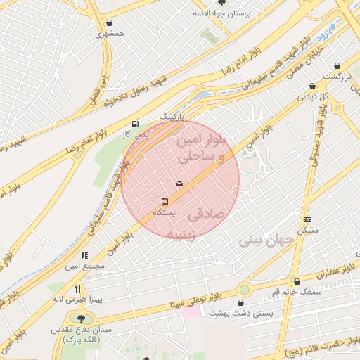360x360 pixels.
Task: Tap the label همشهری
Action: point(110,33)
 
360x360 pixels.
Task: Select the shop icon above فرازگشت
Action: point(337,65)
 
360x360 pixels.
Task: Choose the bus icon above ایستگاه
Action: point(165,201)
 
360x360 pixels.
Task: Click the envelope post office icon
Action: point(180,184)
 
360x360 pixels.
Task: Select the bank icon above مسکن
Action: point(307,220)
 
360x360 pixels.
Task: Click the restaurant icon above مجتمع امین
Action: point(84,256)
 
